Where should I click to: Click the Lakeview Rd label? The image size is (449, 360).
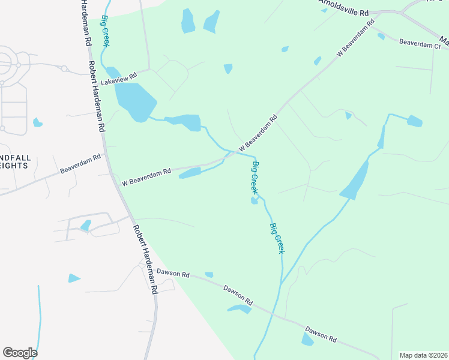tap(119, 77)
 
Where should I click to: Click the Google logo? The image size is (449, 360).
tap(20, 353)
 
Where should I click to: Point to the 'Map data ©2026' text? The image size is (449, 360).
tap(423, 355)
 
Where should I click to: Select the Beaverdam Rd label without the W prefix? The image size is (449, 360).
tap(80, 163)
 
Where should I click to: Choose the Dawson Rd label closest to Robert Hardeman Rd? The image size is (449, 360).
tap(173, 274)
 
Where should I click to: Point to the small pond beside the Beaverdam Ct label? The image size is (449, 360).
tap(381, 37)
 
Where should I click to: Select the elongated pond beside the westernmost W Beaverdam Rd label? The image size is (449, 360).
tap(190, 173)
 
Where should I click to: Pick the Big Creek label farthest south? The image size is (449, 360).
tap(277, 238)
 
